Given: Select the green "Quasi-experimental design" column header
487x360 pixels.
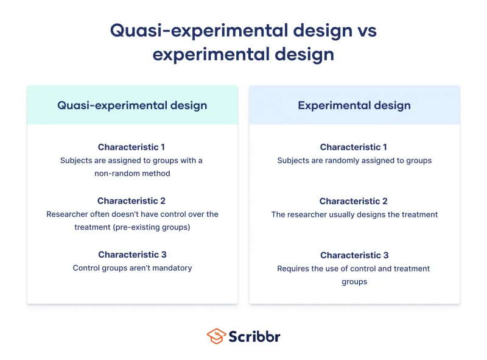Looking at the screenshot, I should coord(132,105).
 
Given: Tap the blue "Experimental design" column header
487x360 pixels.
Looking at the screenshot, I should coord(354,105).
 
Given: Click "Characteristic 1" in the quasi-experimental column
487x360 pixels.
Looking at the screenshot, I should coord(131,147).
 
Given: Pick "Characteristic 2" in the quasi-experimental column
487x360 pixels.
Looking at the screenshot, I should coord(131,201).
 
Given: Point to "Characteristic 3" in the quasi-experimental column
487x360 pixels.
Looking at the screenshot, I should coord(132,255).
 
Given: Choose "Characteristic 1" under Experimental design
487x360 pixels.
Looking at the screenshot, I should coord(354,147).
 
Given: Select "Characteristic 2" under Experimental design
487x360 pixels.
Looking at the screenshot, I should coord(354,201).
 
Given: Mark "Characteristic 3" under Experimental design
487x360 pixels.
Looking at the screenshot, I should coord(354,255).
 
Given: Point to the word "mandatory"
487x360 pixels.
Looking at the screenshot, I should coord(173,268).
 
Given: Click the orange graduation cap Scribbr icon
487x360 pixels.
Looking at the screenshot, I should coord(215,336).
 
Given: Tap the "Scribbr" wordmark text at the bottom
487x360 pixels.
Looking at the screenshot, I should coord(254,336).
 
